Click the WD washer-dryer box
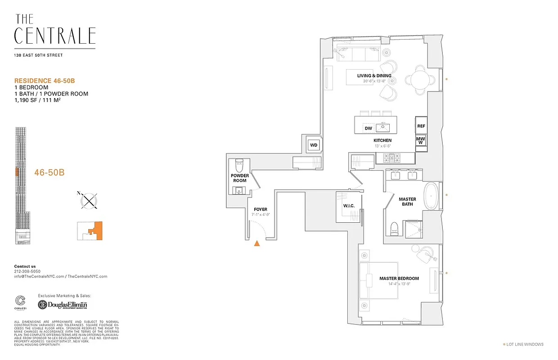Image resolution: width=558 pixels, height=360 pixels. [x=314, y=145]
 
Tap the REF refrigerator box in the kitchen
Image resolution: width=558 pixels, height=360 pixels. [x=421, y=126]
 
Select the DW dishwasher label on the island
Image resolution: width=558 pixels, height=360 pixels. [x=368, y=128]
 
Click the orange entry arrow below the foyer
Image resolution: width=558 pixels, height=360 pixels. [x=257, y=243]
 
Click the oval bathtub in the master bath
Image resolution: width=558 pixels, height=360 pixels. [x=431, y=196]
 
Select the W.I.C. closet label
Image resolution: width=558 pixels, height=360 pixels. [x=349, y=206]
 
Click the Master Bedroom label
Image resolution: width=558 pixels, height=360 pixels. [x=399, y=279]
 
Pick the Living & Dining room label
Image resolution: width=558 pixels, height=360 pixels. [x=374, y=76]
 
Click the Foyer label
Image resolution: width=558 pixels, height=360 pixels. [x=260, y=209]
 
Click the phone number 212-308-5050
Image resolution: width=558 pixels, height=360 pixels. [x=27, y=271]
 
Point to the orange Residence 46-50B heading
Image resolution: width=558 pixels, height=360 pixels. [x=44, y=81]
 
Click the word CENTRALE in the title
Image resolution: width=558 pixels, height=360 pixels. [x=55, y=36]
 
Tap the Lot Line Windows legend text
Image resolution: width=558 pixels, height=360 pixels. [x=525, y=344]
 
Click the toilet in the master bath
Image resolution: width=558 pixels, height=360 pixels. [x=394, y=228]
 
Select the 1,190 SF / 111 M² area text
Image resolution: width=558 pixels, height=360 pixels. [x=38, y=100]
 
